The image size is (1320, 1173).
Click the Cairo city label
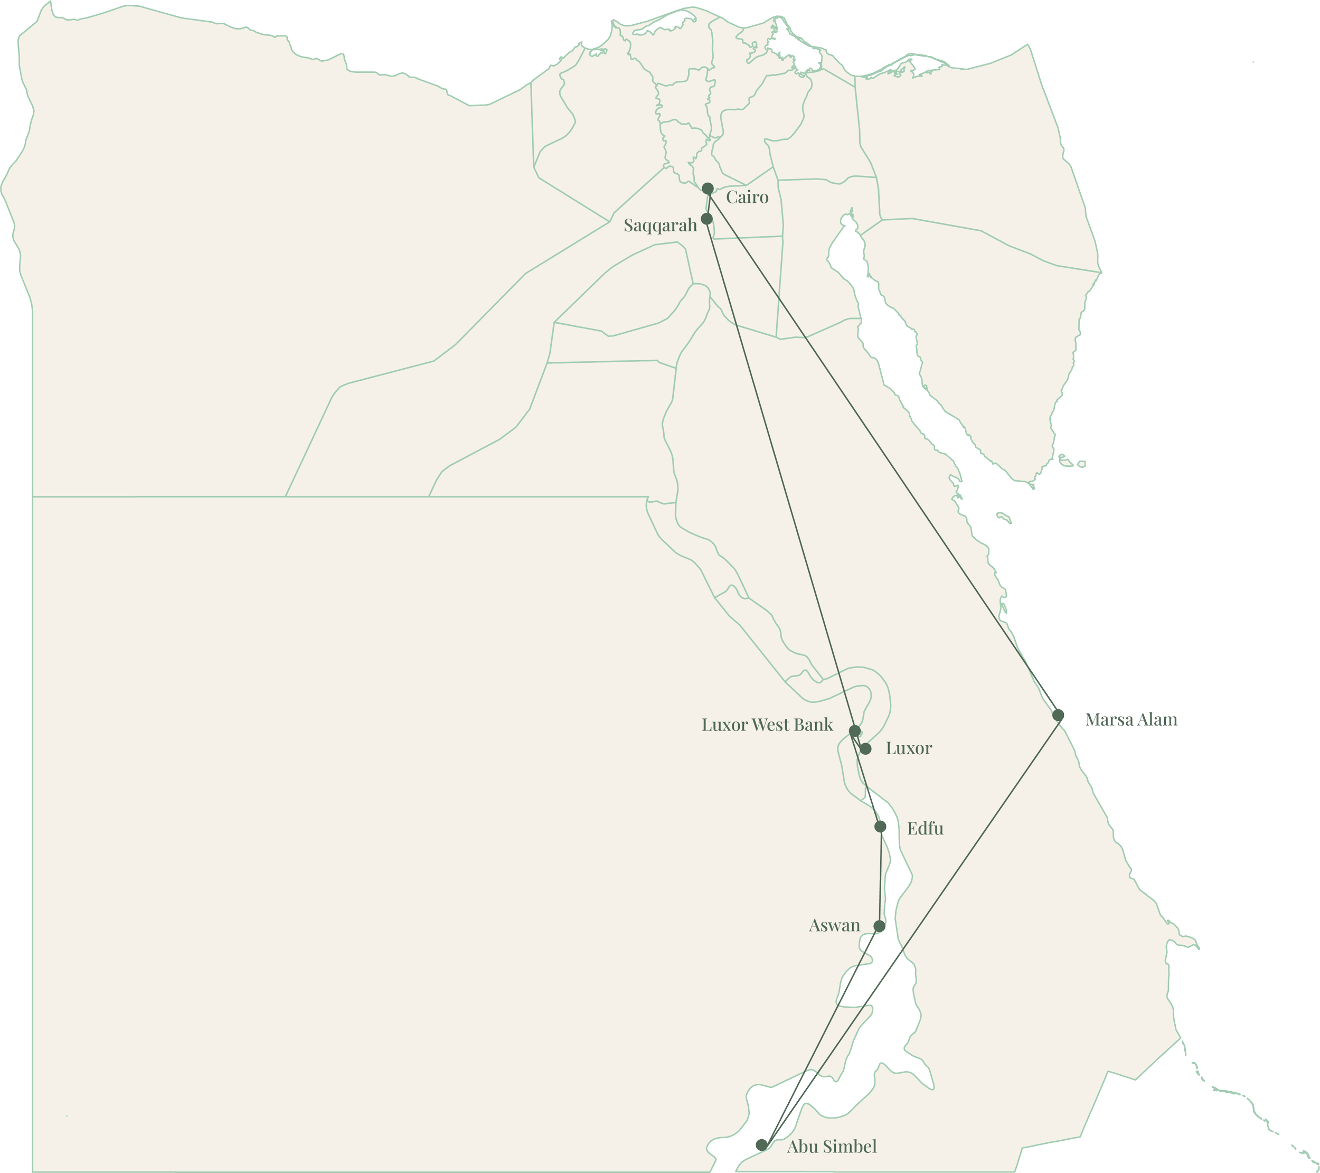(x=747, y=197)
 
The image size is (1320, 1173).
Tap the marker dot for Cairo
(x=708, y=189)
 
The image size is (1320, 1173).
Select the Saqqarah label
(x=660, y=226)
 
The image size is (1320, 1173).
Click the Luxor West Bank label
(x=767, y=725)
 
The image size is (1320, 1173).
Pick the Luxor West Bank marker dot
(x=854, y=731)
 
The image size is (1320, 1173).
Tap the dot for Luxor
(x=865, y=748)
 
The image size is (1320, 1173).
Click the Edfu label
(x=925, y=829)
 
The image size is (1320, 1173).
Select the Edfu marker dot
(x=881, y=827)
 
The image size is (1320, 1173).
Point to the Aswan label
(x=834, y=926)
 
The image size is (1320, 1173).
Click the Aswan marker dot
(x=879, y=926)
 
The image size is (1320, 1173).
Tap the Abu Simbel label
(x=832, y=1147)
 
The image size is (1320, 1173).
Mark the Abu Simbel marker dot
(x=762, y=1144)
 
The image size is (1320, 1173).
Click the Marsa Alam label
(x=1131, y=719)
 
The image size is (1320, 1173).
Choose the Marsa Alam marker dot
(x=1059, y=715)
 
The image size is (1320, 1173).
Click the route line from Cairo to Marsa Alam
(x=883, y=452)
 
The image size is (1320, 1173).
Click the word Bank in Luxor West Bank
(x=813, y=725)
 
